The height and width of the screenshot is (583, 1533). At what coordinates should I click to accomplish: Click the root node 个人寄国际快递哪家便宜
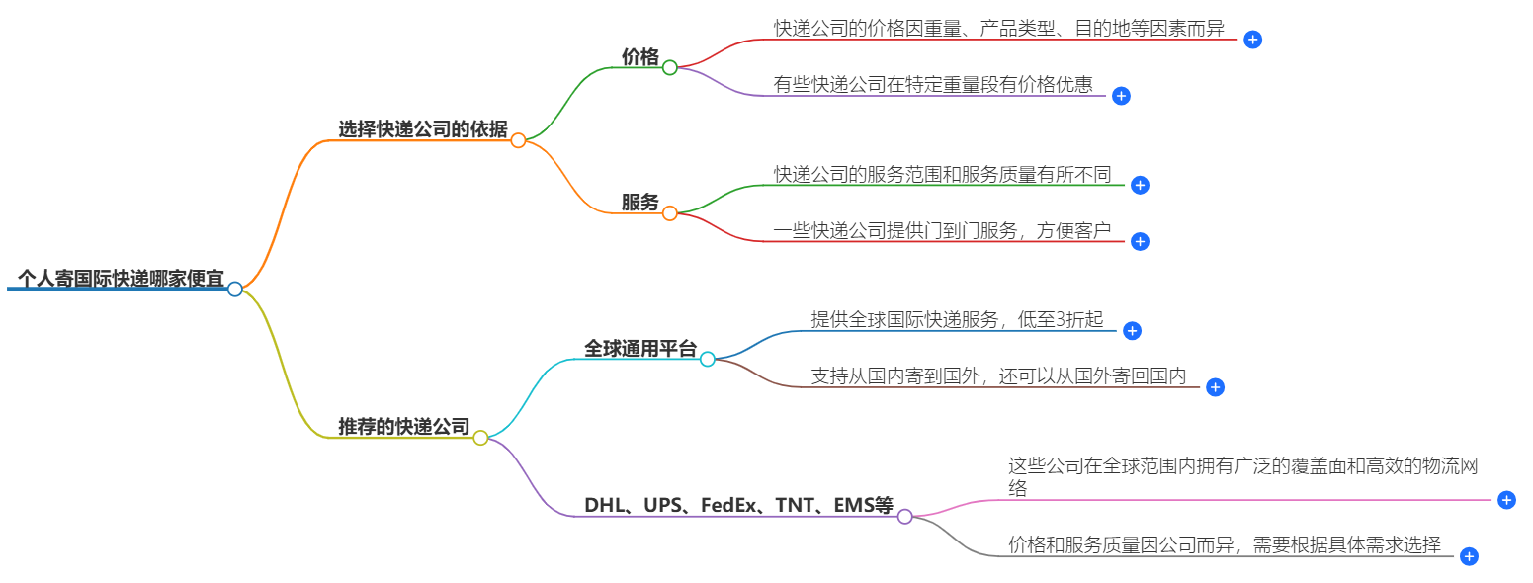[x=121, y=278]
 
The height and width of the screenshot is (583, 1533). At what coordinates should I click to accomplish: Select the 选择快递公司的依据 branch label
[x=422, y=129]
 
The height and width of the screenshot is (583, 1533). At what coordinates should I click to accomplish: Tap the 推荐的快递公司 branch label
[x=403, y=427]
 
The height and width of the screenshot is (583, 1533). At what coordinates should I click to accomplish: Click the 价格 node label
[x=639, y=57]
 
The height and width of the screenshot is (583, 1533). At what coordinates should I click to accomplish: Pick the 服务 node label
[x=639, y=203]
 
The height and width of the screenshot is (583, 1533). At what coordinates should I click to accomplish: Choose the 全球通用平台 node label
[x=639, y=349]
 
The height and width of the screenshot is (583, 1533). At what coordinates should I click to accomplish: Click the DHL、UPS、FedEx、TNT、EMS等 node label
[x=738, y=506]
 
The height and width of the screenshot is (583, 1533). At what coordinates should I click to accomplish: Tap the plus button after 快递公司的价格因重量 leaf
[x=1252, y=40]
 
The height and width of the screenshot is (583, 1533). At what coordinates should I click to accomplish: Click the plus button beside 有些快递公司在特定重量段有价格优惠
[x=1121, y=96]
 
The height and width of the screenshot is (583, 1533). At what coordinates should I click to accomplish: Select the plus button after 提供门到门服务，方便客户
[x=1140, y=241]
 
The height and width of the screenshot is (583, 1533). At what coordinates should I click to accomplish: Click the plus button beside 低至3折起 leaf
[x=1133, y=331]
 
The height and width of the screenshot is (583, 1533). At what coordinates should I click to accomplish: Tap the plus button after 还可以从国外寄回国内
[x=1216, y=387]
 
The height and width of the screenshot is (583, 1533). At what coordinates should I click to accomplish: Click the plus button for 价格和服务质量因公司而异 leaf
[x=1469, y=556]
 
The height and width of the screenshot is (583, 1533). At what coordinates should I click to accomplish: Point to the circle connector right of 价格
[x=670, y=68]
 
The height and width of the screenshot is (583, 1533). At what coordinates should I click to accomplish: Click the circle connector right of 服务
[x=670, y=213]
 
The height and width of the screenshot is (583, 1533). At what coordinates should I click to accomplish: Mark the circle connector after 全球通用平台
[x=708, y=360]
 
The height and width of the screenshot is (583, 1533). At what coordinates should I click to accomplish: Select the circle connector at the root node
[x=235, y=290]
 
